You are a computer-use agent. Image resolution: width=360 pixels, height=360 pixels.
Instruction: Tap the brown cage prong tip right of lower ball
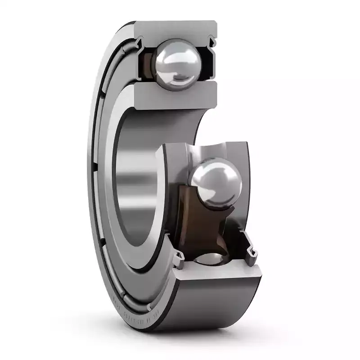[x=232, y=211]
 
